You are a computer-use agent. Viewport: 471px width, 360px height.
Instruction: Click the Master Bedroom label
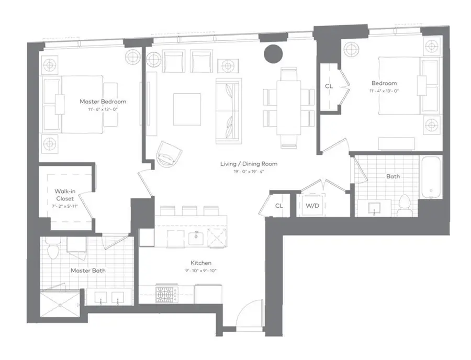pyautogui.click(x=103, y=102)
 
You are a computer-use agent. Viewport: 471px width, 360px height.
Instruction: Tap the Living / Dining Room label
pyautogui.click(x=249, y=164)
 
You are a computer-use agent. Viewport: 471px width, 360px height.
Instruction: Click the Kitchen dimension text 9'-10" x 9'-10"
pyautogui.click(x=201, y=271)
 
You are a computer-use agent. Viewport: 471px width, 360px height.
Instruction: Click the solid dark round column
pyautogui.click(x=273, y=53)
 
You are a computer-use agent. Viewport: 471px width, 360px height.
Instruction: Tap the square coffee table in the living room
pyautogui.click(x=187, y=109)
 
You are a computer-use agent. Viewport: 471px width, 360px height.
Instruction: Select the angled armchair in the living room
pyautogui.click(x=169, y=153)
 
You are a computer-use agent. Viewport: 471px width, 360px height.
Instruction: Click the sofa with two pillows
pyautogui.click(x=228, y=110)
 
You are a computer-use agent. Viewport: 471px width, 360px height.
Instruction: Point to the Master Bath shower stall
pyautogui.click(x=61, y=303)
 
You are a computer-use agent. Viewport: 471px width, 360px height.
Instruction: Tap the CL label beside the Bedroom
pyautogui.click(x=329, y=86)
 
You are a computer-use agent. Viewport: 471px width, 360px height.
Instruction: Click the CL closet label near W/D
pyautogui.click(x=279, y=206)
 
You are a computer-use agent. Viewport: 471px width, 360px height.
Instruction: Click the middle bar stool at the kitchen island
pyautogui.click(x=189, y=210)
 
